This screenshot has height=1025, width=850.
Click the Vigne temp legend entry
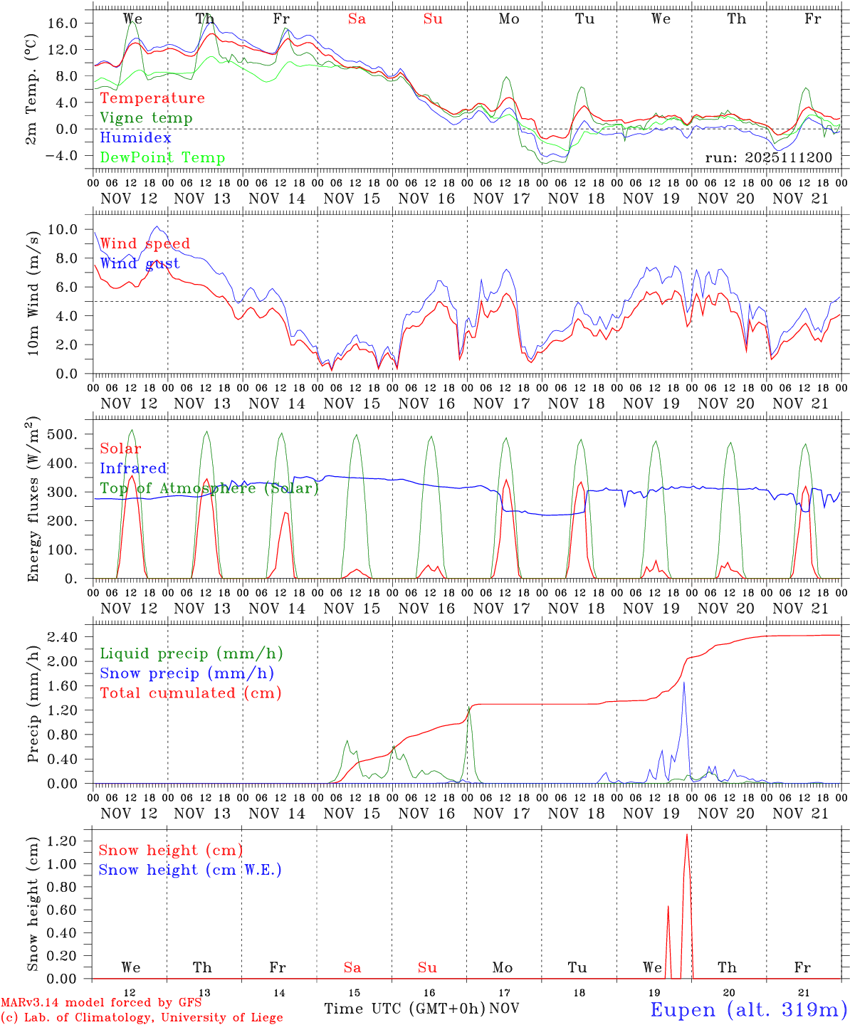(x=146, y=118)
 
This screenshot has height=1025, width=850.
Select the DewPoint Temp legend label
(x=162, y=158)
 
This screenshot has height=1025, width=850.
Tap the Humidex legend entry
(x=135, y=138)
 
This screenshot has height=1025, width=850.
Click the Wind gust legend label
(x=140, y=263)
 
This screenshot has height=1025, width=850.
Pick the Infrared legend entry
(x=133, y=468)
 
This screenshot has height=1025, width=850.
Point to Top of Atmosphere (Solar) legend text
(x=209, y=488)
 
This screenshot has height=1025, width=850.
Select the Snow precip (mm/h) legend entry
(x=187, y=673)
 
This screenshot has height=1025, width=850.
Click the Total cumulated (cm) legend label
(x=191, y=693)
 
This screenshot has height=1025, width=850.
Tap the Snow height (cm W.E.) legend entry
(x=190, y=870)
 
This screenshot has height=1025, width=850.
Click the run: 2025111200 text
(x=768, y=157)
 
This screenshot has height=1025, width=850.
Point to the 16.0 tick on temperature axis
(x=63, y=23)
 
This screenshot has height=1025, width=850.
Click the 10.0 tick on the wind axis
(x=63, y=229)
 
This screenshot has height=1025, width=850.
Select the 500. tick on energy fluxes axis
(x=63, y=434)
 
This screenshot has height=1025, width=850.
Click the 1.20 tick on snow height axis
(x=63, y=841)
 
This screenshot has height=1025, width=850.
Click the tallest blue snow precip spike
(x=684, y=683)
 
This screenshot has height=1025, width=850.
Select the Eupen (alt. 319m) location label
(x=748, y=1009)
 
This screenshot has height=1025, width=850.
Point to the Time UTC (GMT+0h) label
(x=404, y=1009)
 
